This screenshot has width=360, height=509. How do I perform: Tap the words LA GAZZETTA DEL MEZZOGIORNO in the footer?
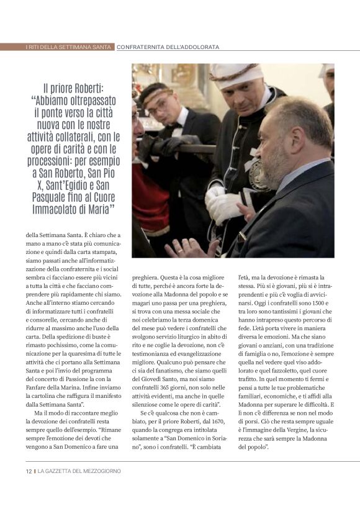(x=79, y=471)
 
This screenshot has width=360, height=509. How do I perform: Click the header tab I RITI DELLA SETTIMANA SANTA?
(x=58, y=47)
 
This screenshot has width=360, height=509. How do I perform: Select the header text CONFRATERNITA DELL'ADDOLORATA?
(x=168, y=47)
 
